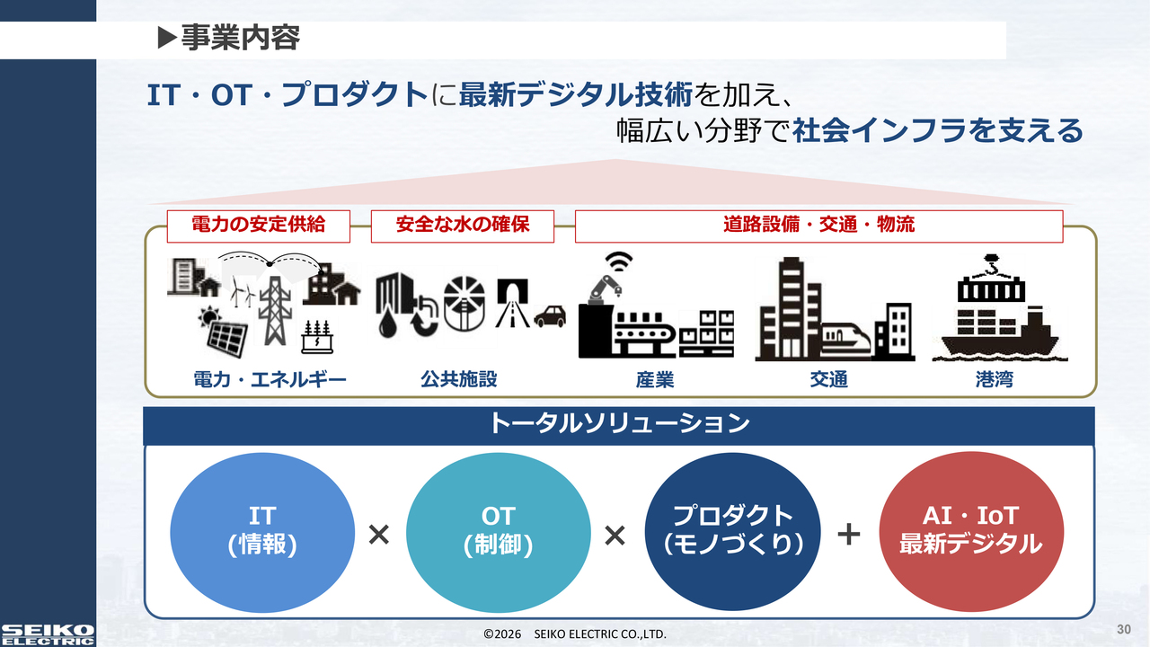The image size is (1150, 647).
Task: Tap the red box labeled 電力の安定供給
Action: click(258, 226)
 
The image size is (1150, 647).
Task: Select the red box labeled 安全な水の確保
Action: click(463, 226)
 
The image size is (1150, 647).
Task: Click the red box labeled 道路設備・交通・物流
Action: click(818, 226)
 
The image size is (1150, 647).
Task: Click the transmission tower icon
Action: click(275, 310)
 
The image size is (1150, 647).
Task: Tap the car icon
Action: click(550, 316)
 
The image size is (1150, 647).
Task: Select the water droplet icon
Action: click(387, 324)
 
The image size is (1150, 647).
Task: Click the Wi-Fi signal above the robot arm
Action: click(619, 261)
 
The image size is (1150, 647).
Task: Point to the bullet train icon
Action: click(845, 339)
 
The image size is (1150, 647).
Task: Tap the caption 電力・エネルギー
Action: click(270, 380)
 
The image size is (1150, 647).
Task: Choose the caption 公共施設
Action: click(459, 379)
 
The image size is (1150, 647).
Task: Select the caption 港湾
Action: click(995, 380)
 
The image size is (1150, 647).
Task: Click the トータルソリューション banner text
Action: click(619, 423)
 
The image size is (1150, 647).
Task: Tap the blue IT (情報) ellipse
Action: click(262, 533)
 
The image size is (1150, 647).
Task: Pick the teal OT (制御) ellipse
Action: click(499, 533)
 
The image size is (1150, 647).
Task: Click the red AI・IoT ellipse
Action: click(971, 531)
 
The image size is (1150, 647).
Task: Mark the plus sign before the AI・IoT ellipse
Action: click(849, 534)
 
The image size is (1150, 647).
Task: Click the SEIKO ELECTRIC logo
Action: click(48, 634)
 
